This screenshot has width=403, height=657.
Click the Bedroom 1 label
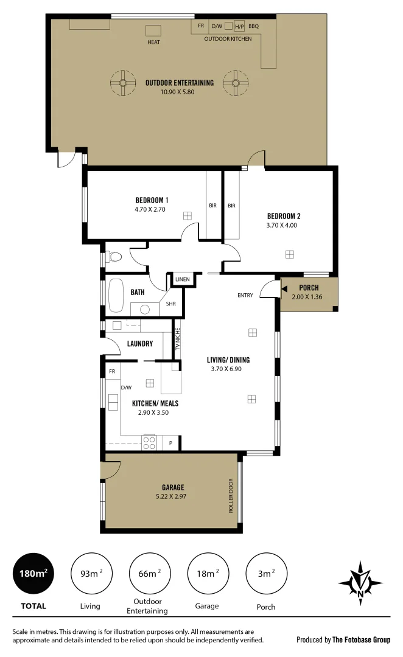point(151,200)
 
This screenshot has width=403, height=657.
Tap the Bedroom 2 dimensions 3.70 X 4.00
point(284,225)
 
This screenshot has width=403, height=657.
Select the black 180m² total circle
point(33,573)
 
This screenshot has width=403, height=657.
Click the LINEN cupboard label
point(183,280)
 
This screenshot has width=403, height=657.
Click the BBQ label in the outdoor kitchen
point(253,26)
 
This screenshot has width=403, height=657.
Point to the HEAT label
point(153,43)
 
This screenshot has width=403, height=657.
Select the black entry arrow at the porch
point(284,291)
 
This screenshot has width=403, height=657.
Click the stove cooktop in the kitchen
point(150,443)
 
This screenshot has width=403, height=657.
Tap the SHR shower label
point(171,304)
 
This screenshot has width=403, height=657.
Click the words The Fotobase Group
point(361,639)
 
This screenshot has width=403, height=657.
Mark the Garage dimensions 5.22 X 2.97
point(173,496)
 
